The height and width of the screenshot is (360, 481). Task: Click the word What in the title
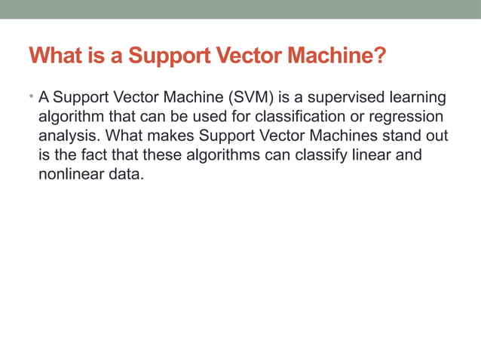click(55, 56)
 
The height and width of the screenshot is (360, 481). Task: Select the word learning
click(415, 98)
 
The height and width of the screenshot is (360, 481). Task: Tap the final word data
click(123, 176)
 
